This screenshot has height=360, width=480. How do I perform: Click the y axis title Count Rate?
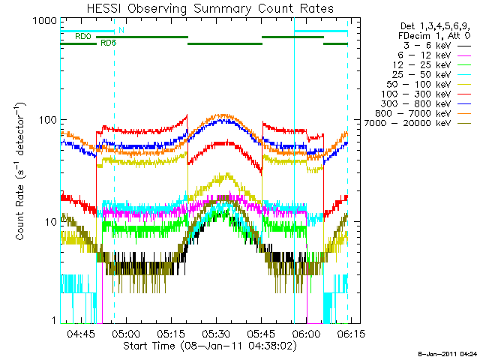point(22,172)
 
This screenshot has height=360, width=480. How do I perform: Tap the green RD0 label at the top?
point(82,35)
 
